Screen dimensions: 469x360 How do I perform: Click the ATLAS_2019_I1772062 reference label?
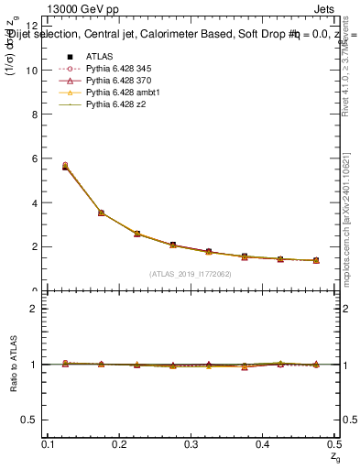191,274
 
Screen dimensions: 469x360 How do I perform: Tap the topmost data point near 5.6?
64,166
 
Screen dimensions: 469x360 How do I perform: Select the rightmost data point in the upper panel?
317,261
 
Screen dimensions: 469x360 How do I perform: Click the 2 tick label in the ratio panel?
34,309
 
